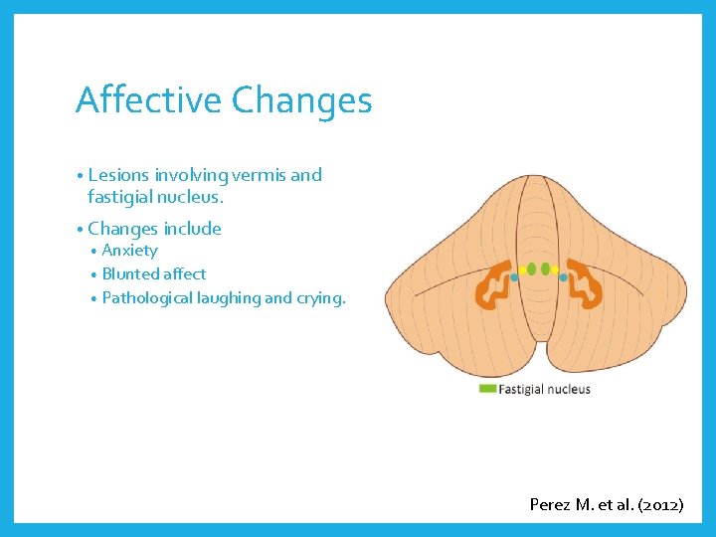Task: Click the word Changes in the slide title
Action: pyautogui.click(x=301, y=100)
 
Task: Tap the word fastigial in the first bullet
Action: pyautogui.click(x=123, y=197)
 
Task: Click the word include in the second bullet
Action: pyautogui.click(x=192, y=229)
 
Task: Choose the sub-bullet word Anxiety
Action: pyautogui.click(x=129, y=251)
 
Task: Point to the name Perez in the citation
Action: pyautogui.click(x=549, y=504)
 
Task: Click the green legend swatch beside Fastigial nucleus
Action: pyautogui.click(x=487, y=389)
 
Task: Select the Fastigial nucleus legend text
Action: pyautogui.click(x=544, y=389)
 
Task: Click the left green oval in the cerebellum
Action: pyautogui.click(x=531, y=268)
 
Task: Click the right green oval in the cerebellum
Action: pyautogui.click(x=545, y=268)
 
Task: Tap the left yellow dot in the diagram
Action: pyautogui.click(x=521, y=269)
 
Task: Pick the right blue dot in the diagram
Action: pyautogui.click(x=564, y=277)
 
